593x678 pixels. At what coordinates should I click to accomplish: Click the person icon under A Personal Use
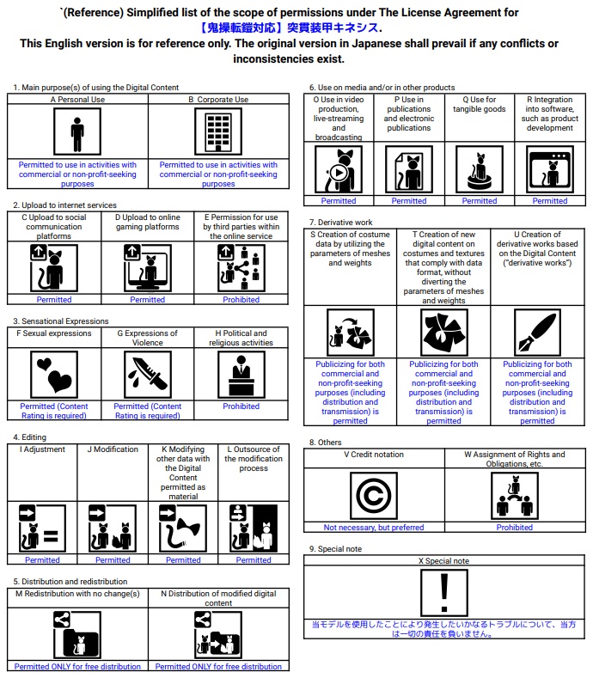pos(77,131)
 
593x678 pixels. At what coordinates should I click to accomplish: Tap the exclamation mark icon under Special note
pos(444,592)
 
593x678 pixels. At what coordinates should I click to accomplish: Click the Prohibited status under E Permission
pos(241,300)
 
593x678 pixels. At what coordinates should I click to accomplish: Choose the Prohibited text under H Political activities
pos(241,406)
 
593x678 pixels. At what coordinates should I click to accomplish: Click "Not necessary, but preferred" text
pos(374,528)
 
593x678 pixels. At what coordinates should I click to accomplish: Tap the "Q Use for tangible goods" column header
pos(479,105)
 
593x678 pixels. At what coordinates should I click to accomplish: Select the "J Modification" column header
pos(113,449)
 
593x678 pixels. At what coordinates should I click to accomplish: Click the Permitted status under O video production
pos(338,201)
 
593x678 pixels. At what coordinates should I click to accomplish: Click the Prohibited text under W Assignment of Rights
pos(515,528)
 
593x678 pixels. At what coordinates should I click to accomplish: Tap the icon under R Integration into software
pos(549,168)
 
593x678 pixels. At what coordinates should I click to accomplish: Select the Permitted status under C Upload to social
pos(53,300)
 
